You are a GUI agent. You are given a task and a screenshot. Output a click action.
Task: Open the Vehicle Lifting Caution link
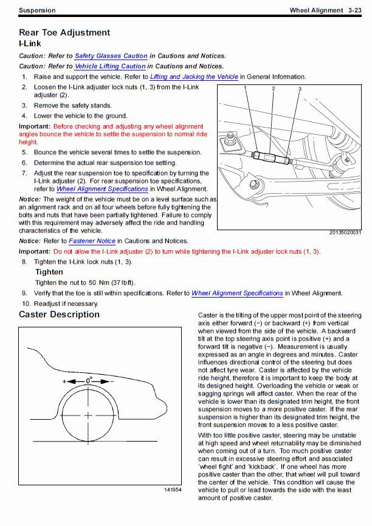110,66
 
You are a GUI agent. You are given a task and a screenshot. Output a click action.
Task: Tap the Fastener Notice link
93,241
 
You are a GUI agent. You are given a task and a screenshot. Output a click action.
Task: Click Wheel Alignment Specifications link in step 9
237,293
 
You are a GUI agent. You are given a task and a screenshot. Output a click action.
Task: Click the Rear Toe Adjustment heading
64,33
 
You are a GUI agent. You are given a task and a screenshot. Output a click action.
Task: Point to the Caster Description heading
59,315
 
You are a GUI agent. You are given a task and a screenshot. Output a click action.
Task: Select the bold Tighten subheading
49,272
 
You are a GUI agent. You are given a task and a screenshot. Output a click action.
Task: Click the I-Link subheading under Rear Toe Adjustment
30,44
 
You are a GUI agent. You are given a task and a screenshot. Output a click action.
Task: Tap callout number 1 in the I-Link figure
247,89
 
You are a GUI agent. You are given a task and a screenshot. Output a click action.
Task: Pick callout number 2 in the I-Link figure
274,89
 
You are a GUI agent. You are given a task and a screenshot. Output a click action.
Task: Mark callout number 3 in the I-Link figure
300,89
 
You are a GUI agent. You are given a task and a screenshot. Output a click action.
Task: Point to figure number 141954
173,490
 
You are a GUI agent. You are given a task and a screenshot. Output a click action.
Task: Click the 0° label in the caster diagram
89,379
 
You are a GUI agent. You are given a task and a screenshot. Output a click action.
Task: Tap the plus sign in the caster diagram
64,381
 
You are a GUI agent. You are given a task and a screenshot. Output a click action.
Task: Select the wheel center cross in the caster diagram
89,415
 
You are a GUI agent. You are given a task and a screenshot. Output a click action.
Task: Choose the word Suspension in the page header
37,10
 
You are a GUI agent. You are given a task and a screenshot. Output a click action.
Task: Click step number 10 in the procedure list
26,304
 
